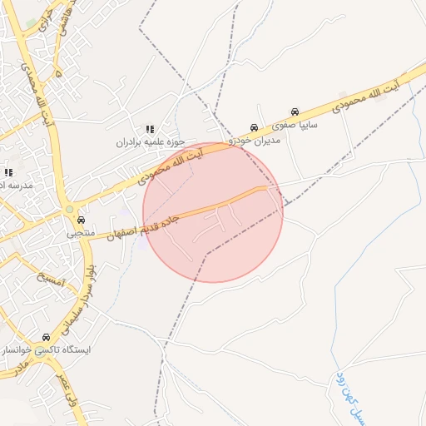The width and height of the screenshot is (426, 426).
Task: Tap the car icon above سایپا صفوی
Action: (x=295, y=111)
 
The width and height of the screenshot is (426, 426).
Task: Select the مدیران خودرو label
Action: (x=259, y=140)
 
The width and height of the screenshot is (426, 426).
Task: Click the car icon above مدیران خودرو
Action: (x=253, y=128)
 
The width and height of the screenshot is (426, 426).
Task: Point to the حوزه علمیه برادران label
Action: (x=151, y=142)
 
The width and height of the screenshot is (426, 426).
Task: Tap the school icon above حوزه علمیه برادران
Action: (x=150, y=129)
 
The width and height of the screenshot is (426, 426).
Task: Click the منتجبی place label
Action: (x=81, y=234)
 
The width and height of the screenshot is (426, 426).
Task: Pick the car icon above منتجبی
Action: (x=81, y=221)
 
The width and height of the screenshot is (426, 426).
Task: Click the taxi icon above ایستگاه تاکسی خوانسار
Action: (x=46, y=338)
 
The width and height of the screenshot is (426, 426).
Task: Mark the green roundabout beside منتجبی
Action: (x=70, y=211)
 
